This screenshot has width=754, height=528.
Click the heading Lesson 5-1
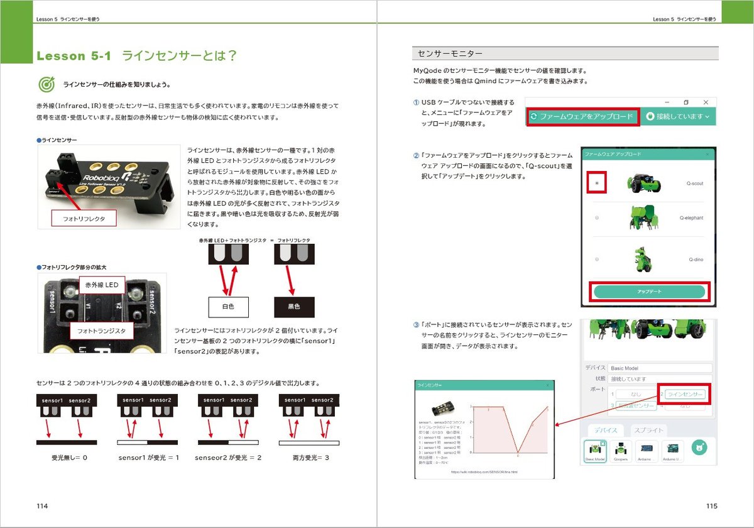coord(74,56)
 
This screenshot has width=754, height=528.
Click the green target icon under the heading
coord(46,84)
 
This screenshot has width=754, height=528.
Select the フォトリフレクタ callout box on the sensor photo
coord(85,219)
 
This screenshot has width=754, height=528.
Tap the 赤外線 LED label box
coord(102,285)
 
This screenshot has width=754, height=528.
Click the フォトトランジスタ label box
coord(101,331)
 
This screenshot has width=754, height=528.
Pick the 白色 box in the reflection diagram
coord(228,307)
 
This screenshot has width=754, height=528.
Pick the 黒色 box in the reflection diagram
coord(294,307)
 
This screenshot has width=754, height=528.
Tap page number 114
coord(42,506)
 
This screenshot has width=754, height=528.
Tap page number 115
coord(711,506)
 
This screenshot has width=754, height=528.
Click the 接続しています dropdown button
coord(682,116)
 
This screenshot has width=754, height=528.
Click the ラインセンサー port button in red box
coord(686,395)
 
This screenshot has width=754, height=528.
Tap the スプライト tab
coord(647,431)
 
